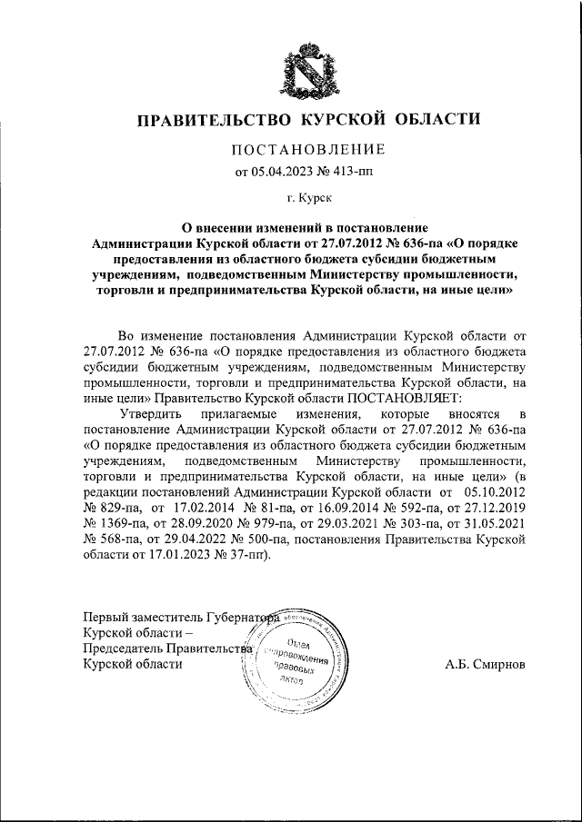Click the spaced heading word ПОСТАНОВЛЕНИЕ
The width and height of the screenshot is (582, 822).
(x=308, y=149)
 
